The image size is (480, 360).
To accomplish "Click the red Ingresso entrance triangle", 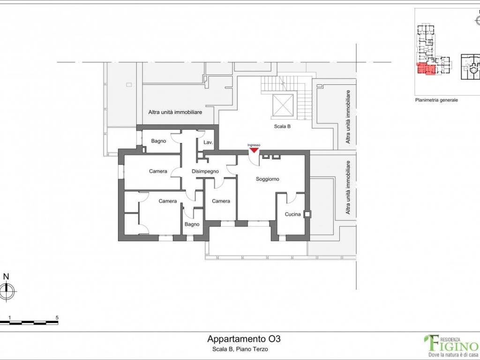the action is tap(254, 150).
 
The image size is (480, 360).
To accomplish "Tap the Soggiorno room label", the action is tap(268, 179).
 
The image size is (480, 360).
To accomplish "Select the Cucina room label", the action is tap(292, 214).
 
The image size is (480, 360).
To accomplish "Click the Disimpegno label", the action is tap(205, 172).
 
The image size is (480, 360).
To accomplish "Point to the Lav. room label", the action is tap(208, 142).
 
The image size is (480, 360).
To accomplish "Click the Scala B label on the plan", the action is tap(282, 126).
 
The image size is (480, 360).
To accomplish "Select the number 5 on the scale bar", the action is tap(57, 318).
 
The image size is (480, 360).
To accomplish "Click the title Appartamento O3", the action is tap(244, 339).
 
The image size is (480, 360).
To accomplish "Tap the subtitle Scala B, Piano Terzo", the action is tap(240, 349).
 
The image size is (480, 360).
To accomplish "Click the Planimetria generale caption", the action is tap(436, 100).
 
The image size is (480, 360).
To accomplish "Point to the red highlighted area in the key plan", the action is tap(426, 69).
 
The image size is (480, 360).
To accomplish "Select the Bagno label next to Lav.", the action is tap(158, 141).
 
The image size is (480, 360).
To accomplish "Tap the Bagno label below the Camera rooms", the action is tap(192, 225).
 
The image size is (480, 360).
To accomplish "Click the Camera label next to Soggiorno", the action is tap(221, 201).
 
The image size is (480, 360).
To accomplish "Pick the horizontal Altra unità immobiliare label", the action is tap(175, 112).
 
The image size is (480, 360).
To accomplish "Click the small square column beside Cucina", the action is tap(307, 214).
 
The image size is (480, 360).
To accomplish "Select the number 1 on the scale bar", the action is tap(10, 318).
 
